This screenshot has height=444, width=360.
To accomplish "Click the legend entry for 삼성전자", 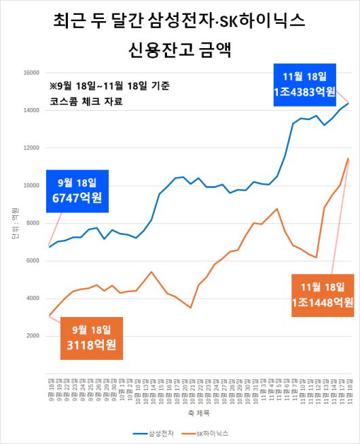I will [156, 432].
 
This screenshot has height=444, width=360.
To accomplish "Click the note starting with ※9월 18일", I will [109, 86].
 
